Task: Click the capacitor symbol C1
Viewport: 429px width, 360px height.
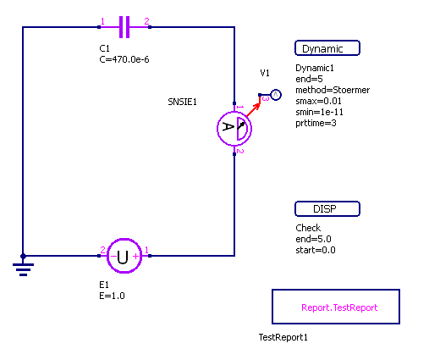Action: coord(124,27)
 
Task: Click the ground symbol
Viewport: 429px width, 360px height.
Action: coord(23,267)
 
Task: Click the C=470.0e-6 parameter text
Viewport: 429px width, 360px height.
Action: coord(124,59)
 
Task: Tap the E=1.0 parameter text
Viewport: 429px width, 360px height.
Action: coord(112,296)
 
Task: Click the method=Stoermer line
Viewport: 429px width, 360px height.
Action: coord(333,90)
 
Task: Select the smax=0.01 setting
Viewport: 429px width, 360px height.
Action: coord(318,101)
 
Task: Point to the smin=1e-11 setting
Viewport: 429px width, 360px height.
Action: coord(319,112)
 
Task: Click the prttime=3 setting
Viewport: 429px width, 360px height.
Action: coord(316,123)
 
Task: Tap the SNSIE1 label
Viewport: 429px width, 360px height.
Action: coord(182,102)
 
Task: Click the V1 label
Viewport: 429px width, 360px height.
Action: coord(265,73)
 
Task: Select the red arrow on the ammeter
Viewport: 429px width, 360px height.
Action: coord(253,110)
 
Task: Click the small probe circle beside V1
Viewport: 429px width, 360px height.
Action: coord(276,95)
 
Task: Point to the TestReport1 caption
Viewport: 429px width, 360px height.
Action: coord(283,337)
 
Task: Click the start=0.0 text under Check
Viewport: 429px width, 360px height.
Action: coord(316,250)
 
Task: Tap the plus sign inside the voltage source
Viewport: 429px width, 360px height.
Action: coord(135,256)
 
